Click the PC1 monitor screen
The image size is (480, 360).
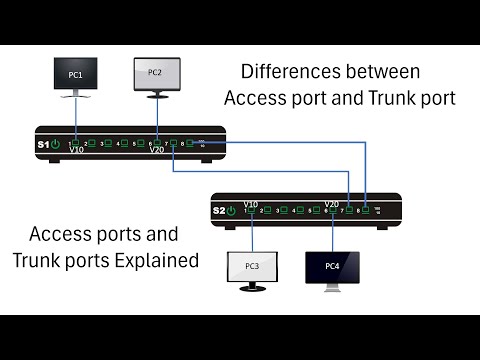(77, 76)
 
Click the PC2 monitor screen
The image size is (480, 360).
(155, 74)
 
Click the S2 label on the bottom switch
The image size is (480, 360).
(218, 210)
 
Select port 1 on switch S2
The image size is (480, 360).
(253, 210)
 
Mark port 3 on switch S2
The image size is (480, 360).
(285, 210)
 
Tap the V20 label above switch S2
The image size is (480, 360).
(334, 201)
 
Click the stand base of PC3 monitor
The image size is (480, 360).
(252, 288)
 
